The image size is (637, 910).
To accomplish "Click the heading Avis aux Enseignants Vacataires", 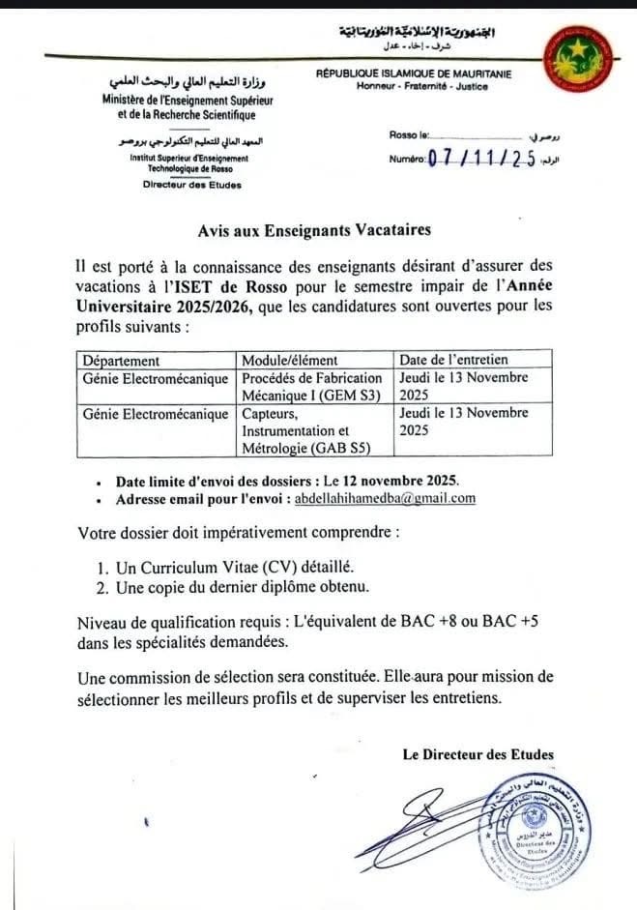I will pos(314,230).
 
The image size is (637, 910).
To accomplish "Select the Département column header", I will pos(122,361).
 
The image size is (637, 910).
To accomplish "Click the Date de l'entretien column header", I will pos(453,361).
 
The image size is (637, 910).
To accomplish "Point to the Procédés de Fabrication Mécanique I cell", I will pos(312,386).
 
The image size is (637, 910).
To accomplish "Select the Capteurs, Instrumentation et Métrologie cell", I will pos(301,429).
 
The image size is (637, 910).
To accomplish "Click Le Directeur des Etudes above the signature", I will pos(478,754).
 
